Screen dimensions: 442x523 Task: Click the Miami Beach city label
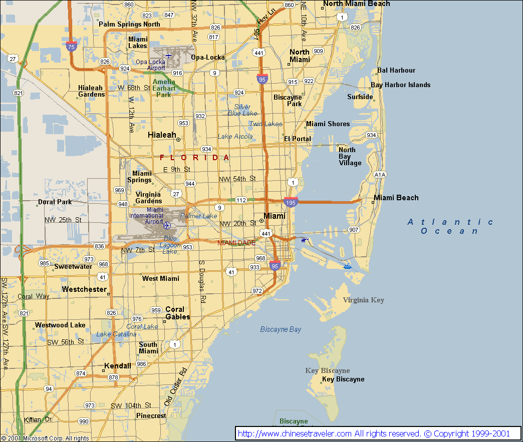(x=396, y=198)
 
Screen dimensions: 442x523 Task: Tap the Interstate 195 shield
(x=291, y=202)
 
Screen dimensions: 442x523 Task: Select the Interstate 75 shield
(x=71, y=47)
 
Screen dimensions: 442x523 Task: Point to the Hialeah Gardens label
(x=91, y=91)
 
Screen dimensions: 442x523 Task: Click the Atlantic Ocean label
(x=450, y=226)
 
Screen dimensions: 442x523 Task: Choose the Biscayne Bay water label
(x=281, y=329)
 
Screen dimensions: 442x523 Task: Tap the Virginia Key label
(x=363, y=300)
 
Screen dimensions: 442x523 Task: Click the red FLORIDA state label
(x=195, y=158)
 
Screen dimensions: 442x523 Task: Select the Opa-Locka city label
(x=208, y=57)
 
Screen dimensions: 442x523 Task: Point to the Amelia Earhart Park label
(x=164, y=88)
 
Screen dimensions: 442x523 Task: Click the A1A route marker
(x=380, y=175)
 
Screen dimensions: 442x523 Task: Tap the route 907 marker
(x=354, y=230)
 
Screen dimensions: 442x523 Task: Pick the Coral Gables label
(x=177, y=313)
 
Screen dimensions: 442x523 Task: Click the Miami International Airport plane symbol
(x=167, y=226)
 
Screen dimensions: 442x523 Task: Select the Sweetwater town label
(x=73, y=266)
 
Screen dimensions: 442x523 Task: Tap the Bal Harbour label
(x=396, y=71)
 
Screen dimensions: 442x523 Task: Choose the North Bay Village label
(x=350, y=156)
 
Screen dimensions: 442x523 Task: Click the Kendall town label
(x=118, y=366)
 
